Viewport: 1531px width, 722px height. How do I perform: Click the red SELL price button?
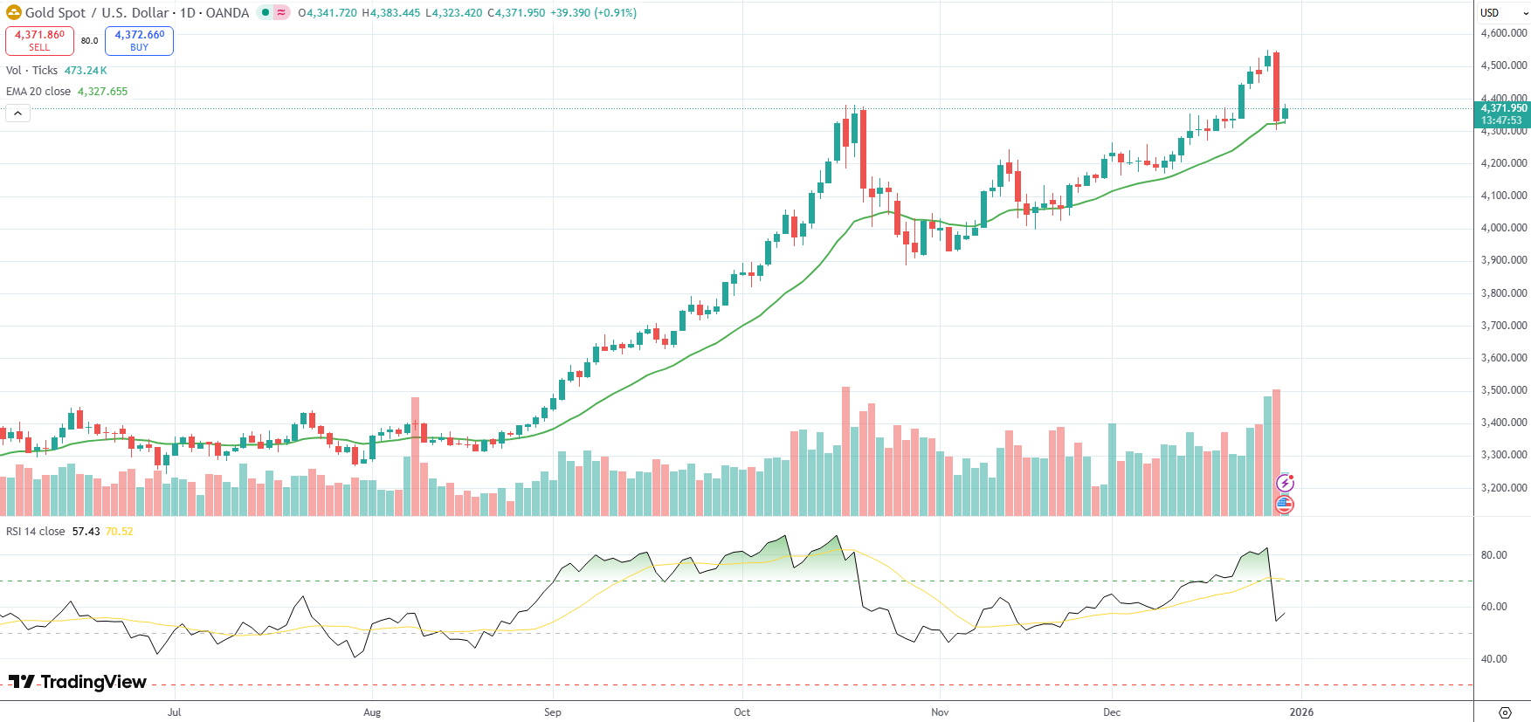point(39,40)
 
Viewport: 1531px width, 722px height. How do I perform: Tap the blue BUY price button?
point(139,40)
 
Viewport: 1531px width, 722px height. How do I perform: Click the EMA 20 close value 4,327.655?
point(102,92)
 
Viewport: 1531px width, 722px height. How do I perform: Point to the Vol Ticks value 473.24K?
point(86,71)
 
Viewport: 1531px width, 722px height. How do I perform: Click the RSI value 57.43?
point(86,532)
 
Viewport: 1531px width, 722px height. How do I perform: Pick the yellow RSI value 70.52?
point(120,532)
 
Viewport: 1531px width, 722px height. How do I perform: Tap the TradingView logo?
point(78,682)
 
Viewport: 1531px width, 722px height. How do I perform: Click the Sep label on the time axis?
point(553,712)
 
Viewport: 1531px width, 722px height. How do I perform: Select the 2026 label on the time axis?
point(1301,712)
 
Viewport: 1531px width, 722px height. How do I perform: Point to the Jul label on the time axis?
point(175,712)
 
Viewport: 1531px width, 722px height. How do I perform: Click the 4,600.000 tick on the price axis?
point(1504,33)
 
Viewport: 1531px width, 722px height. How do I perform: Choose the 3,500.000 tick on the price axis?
point(1504,390)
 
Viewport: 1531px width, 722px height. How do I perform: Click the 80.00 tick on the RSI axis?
point(1493,555)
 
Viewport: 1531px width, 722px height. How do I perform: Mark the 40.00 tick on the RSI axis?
point(1493,659)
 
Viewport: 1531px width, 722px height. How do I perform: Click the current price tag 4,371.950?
point(1503,109)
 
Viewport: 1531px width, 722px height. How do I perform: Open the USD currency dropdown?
point(1502,13)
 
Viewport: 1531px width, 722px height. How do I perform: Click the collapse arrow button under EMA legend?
point(17,113)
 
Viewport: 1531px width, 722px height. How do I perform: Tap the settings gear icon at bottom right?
point(1505,712)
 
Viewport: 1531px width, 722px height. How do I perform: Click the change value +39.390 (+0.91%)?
point(593,13)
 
